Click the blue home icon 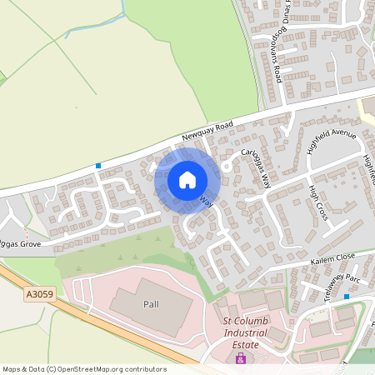(x=187, y=179)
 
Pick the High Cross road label (x=316, y=203)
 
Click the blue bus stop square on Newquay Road (x=98, y=166)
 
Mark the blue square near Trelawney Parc (x=347, y=297)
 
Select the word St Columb (x=244, y=321)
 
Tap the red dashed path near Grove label (x=25, y=234)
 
